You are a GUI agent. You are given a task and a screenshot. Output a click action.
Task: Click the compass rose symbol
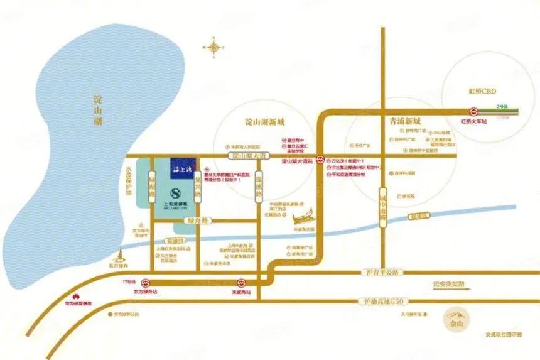click(x=215, y=47)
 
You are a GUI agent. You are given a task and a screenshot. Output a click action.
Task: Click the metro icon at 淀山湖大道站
click(x=320, y=160)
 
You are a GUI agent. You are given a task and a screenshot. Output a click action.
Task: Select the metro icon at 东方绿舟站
click(x=146, y=283)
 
